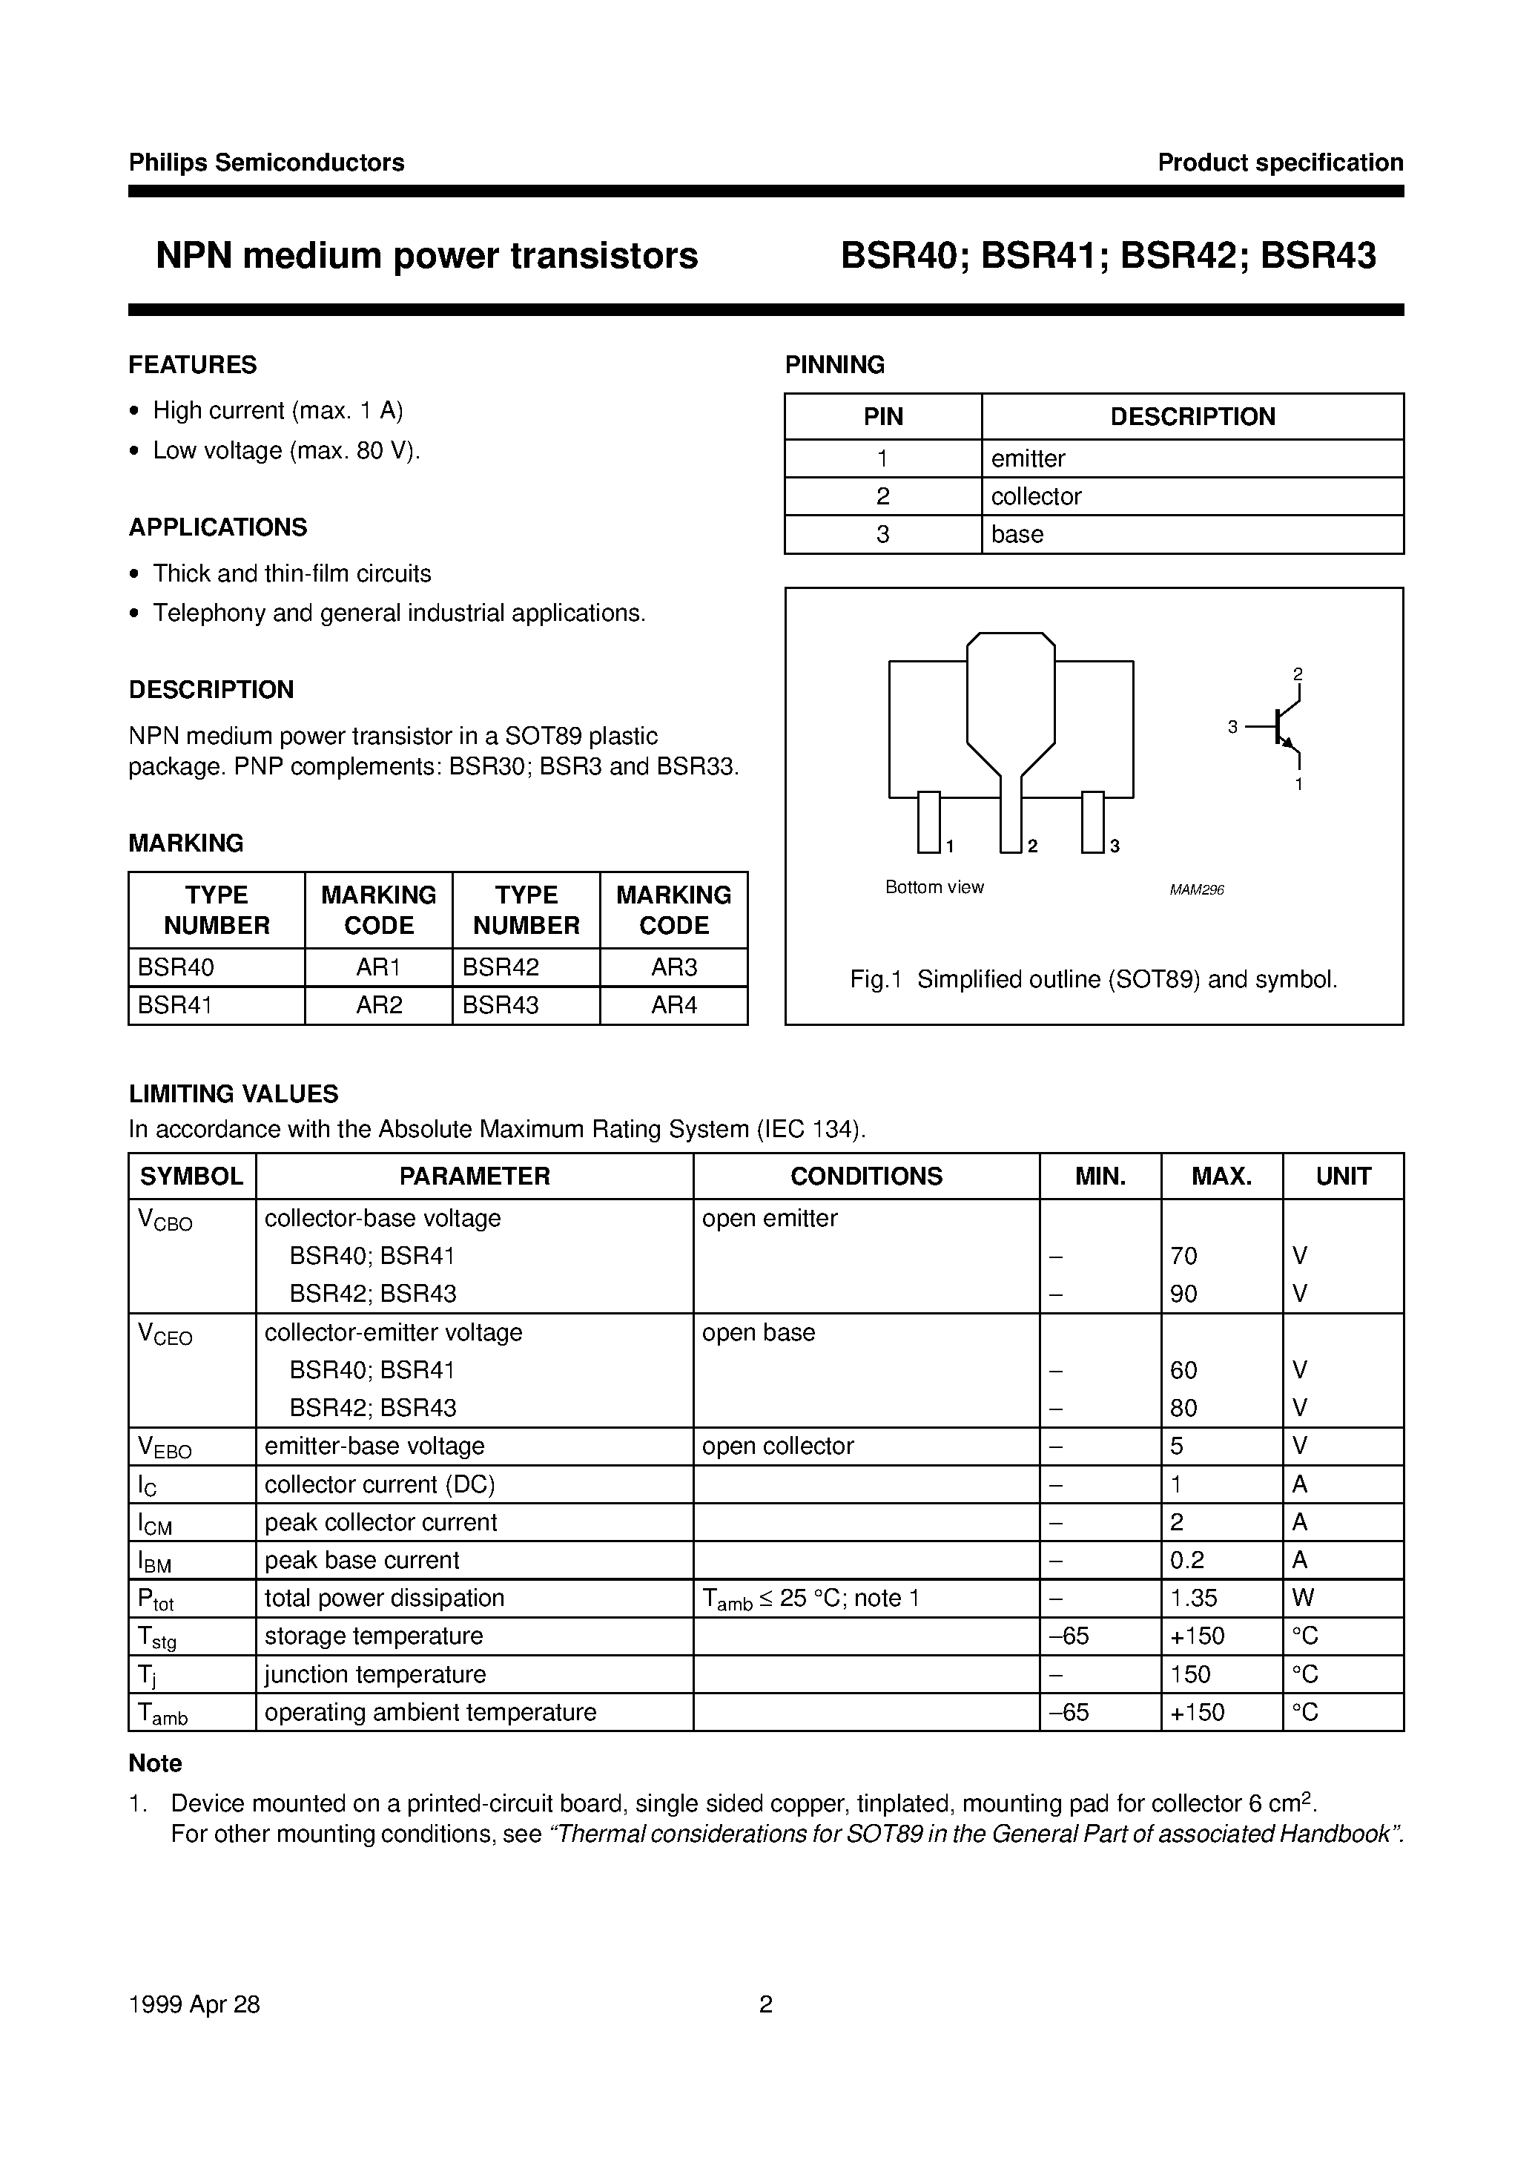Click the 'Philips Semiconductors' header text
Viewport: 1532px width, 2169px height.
[266, 162]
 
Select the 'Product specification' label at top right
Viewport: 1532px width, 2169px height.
[1280, 162]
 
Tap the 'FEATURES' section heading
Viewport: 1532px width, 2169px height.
[193, 365]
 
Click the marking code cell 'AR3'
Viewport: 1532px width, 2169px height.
[673, 967]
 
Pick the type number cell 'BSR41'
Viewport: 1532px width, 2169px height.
[176, 1005]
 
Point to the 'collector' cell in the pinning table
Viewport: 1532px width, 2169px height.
[1036, 496]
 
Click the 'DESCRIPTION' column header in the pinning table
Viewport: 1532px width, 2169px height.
[1192, 417]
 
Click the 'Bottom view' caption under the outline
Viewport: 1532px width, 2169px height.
[934, 887]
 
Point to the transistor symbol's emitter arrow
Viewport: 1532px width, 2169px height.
[1286, 740]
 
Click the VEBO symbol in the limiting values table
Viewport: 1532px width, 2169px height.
[165, 1447]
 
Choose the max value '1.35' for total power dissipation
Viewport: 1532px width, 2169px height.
[1193, 1599]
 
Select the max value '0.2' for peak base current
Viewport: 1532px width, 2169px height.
[1187, 1561]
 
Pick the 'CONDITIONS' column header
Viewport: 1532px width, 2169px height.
[866, 1176]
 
